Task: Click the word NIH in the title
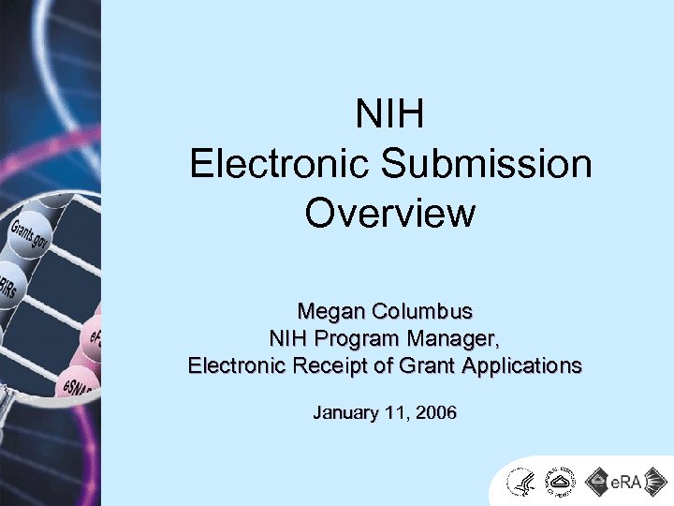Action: [x=390, y=115]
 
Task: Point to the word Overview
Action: [x=390, y=213]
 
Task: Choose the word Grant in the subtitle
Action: [x=420, y=365]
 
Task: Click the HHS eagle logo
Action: [x=520, y=483]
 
